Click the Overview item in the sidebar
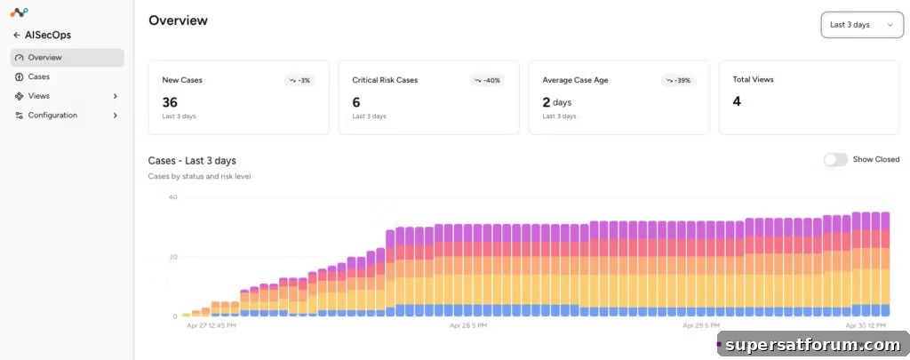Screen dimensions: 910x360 67,58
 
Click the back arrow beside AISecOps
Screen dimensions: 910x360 17,35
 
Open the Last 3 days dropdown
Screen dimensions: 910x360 862,25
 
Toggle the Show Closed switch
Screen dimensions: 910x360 835,160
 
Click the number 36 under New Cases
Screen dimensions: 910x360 170,102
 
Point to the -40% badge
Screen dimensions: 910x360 487,80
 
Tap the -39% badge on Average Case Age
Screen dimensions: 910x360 678,80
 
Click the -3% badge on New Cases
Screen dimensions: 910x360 299,80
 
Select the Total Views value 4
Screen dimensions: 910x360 737,101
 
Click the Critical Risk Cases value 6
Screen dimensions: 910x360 356,102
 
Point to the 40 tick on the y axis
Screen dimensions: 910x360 173,196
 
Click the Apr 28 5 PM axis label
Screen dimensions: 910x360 468,325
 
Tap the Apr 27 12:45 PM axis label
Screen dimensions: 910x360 212,325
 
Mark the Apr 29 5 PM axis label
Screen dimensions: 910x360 701,325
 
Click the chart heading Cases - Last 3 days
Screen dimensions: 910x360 192,161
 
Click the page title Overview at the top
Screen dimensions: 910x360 178,20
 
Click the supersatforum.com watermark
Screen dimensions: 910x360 812,345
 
